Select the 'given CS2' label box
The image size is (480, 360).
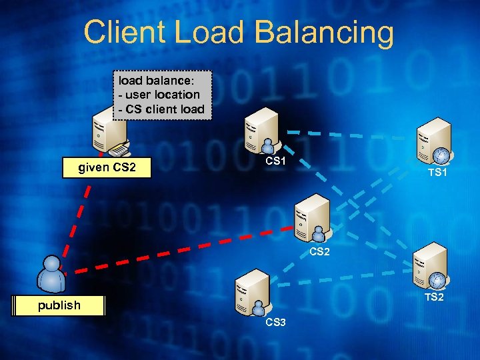click(107, 167)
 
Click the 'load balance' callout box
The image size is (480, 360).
click(162, 95)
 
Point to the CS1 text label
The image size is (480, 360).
click(275, 161)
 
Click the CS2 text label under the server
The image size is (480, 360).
click(319, 252)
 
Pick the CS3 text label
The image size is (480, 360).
click(275, 323)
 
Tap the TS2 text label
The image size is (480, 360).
click(433, 297)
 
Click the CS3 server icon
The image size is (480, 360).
click(252, 293)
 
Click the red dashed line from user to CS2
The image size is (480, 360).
click(180, 251)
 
